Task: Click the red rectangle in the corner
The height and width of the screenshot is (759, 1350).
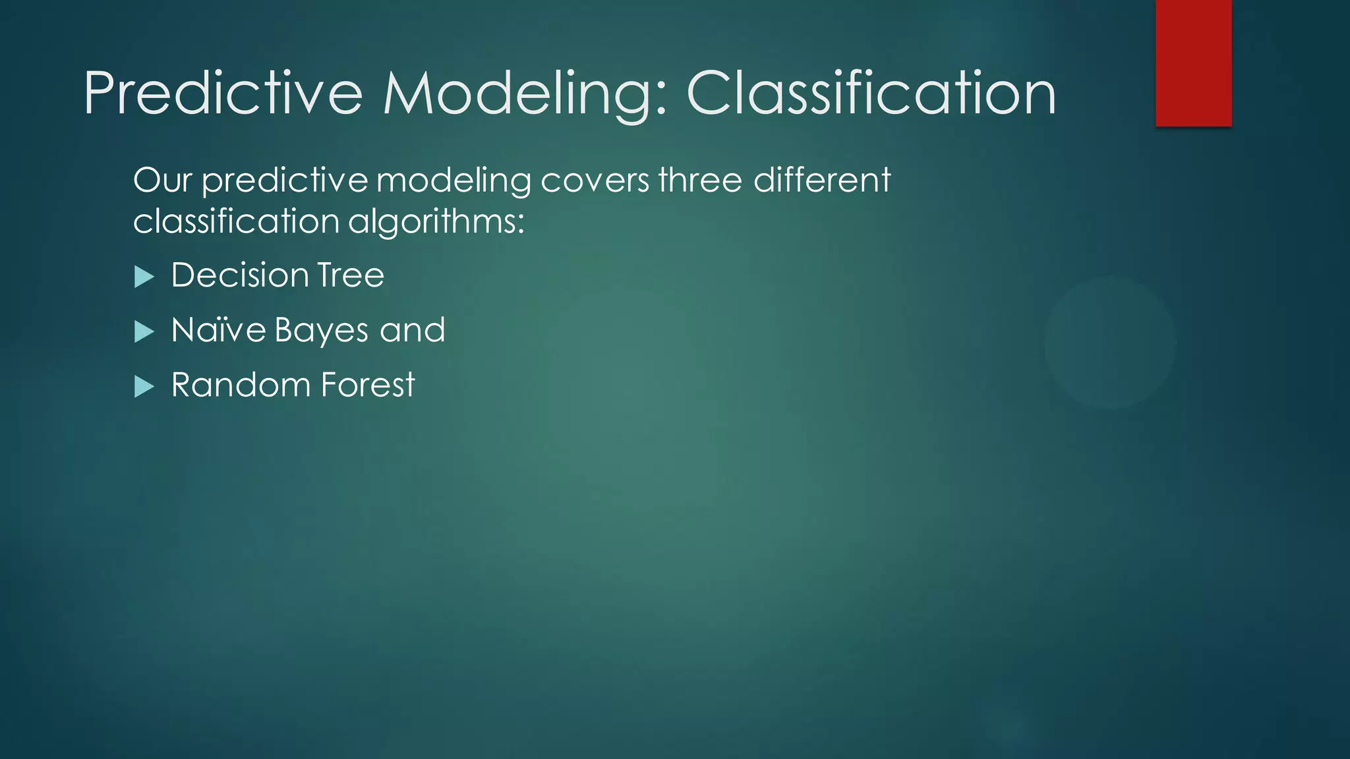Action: tap(1193, 63)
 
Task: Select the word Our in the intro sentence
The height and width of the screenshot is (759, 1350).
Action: tap(162, 180)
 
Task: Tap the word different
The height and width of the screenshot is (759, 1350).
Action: tap(821, 180)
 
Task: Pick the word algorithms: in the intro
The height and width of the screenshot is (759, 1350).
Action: tap(436, 221)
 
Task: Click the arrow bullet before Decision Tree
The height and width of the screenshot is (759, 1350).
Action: tap(144, 277)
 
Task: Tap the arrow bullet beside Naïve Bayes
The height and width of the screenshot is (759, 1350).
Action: tap(144, 331)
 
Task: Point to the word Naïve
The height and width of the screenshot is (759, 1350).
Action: tap(218, 329)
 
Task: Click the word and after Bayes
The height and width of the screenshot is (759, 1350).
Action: tap(413, 329)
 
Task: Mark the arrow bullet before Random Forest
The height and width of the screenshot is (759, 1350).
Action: tap(144, 386)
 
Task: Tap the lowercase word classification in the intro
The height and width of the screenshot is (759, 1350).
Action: tap(235, 221)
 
